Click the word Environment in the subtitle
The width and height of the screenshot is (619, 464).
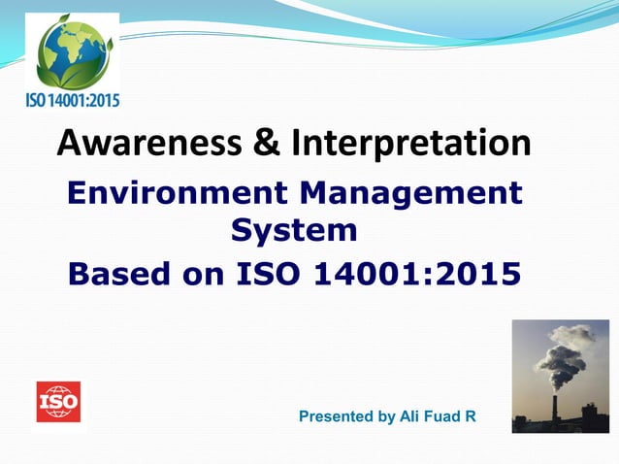[168, 192]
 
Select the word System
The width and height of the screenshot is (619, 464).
[294, 231]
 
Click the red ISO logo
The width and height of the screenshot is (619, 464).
[58, 401]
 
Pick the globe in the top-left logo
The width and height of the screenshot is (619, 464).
[71, 51]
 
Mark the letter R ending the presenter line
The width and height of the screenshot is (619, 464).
[471, 416]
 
